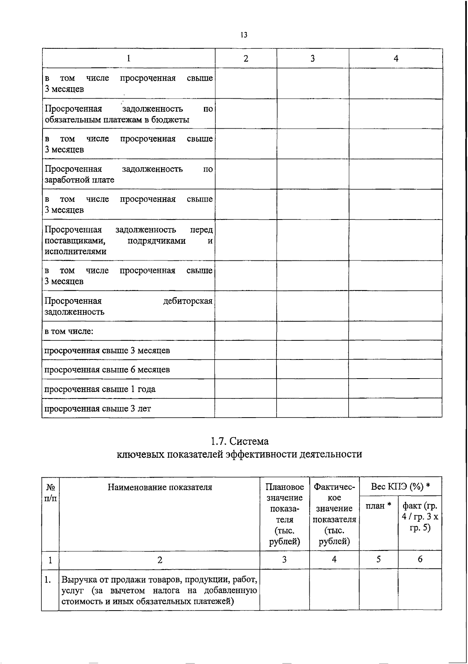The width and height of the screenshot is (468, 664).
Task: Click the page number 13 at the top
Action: (244, 35)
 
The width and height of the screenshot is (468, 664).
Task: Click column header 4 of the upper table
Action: (396, 58)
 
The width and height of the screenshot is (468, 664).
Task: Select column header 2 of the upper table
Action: (246, 58)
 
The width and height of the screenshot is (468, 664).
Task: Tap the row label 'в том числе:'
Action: (69, 331)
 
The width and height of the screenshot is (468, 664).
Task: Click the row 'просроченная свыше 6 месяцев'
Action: (107, 369)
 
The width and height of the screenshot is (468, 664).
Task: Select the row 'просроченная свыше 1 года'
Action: (100, 389)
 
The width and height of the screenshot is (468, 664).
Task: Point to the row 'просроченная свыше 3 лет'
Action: (97, 408)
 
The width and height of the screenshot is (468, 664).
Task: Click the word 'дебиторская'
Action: (188, 301)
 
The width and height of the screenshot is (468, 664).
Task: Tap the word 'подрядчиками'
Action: (156, 241)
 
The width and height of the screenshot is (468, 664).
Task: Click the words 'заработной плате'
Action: (79, 180)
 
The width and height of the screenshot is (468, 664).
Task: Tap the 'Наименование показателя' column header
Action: (160, 487)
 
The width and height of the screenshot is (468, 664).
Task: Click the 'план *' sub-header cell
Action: (378, 506)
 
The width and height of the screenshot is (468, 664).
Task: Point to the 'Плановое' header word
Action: (285, 487)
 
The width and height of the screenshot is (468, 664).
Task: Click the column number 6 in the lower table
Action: (420, 559)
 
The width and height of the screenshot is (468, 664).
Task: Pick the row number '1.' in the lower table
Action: (48, 579)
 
